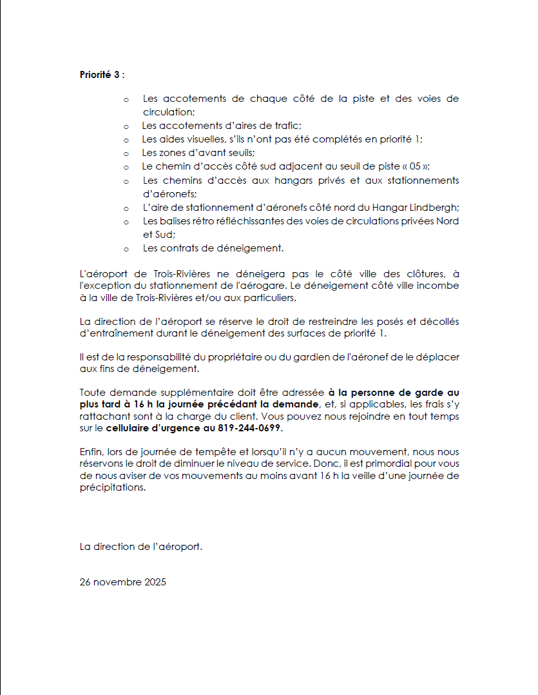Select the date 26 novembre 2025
pos(123,582)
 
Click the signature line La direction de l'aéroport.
pos(141,547)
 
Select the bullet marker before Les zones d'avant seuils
pos(126,153)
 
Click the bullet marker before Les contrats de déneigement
pos(126,248)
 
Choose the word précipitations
pos(113,488)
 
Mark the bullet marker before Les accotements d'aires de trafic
pos(126,126)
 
